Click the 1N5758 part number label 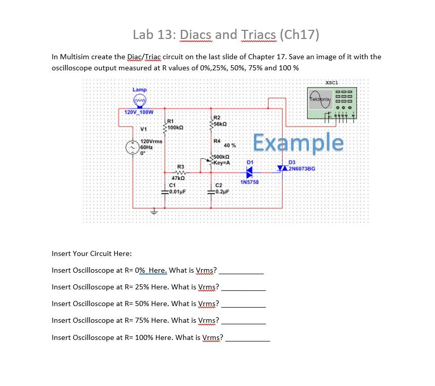click(250, 182)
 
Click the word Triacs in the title click(260, 34)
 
